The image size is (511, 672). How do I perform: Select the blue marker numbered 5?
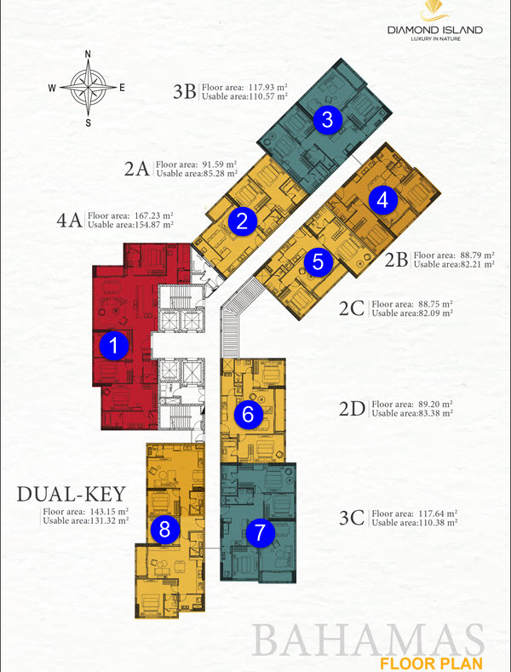(318, 261)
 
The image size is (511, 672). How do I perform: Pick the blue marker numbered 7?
(261, 533)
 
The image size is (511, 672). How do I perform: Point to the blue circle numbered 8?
(165, 530)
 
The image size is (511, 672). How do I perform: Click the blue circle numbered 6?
(248, 415)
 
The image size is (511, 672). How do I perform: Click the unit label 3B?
(185, 91)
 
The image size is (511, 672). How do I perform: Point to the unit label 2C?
(352, 308)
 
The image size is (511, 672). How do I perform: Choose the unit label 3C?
(351, 519)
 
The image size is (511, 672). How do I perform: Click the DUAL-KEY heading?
(72, 493)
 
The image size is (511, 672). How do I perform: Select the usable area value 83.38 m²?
(431, 413)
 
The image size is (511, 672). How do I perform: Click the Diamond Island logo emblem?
(434, 12)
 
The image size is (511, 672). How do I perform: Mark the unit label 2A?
(137, 168)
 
